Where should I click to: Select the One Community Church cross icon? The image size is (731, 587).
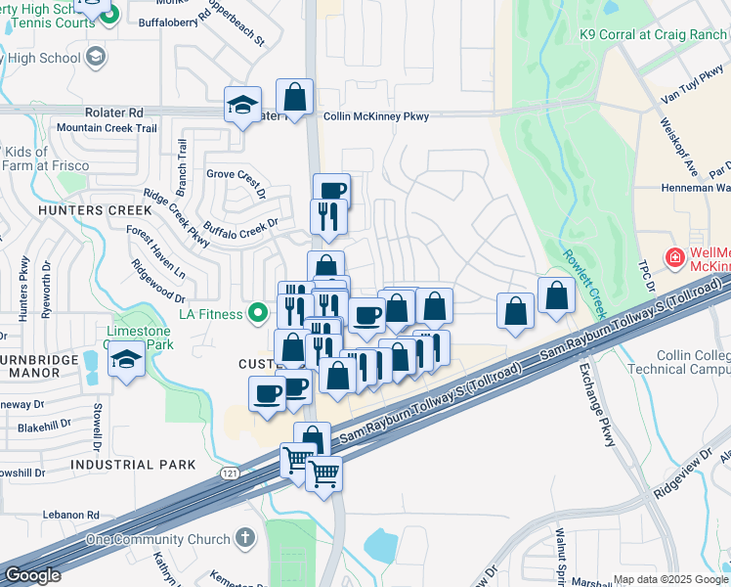click(244, 539)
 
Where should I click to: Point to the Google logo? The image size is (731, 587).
click(32, 576)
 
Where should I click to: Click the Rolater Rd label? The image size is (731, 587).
click(113, 113)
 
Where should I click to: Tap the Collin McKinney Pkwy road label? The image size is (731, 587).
click(375, 116)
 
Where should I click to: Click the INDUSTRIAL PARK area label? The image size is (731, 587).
click(133, 464)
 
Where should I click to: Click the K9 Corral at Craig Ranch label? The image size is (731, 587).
click(654, 34)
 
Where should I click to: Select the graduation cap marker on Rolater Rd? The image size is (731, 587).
click(242, 104)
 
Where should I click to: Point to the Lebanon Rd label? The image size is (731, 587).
click(70, 515)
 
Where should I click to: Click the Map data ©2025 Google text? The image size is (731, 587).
click(670, 579)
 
